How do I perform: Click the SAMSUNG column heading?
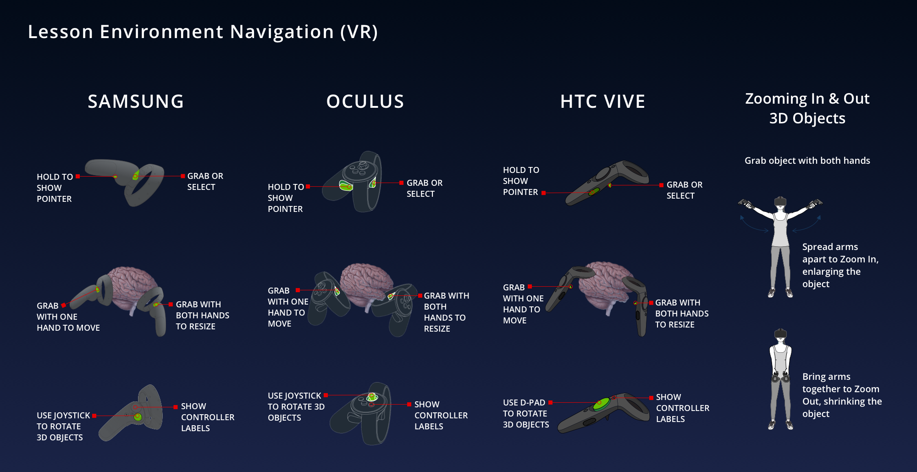pos(136,101)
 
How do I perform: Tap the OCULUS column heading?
pos(365,101)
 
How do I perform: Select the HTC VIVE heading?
pos(602,101)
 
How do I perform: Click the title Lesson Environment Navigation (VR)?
pos(203,32)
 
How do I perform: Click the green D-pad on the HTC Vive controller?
pos(601,404)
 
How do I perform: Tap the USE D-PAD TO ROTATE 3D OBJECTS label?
pos(525,413)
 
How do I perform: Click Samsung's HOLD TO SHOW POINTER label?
pos(55,188)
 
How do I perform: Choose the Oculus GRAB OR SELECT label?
pos(424,188)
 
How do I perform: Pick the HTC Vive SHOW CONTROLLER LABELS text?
pos(682,408)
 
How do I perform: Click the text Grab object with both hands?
pos(807,161)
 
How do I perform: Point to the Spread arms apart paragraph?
pos(840,265)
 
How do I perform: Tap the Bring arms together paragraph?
pos(842,395)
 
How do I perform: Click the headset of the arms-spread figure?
pos(780,201)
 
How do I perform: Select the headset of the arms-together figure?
pos(780,334)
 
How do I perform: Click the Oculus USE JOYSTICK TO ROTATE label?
pos(296,406)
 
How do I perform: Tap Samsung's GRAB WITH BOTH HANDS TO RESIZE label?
pos(202,315)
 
